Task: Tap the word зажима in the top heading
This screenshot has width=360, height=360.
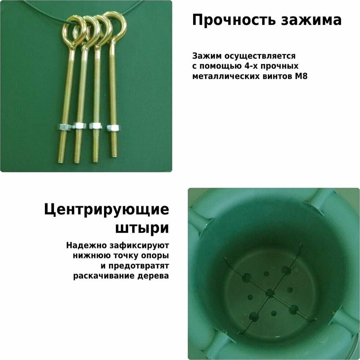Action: click(x=311, y=20)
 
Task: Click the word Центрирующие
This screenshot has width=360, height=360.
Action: click(x=106, y=210)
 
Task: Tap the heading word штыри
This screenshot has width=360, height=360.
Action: click(x=142, y=228)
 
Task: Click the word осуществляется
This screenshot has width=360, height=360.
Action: click(x=260, y=56)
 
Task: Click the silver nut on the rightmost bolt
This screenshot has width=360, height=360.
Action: click(x=113, y=128)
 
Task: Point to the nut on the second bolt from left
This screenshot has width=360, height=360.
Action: click(x=79, y=125)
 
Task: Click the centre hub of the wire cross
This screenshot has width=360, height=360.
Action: click(x=270, y=293)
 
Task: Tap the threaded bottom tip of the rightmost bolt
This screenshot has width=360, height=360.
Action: click(x=114, y=155)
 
